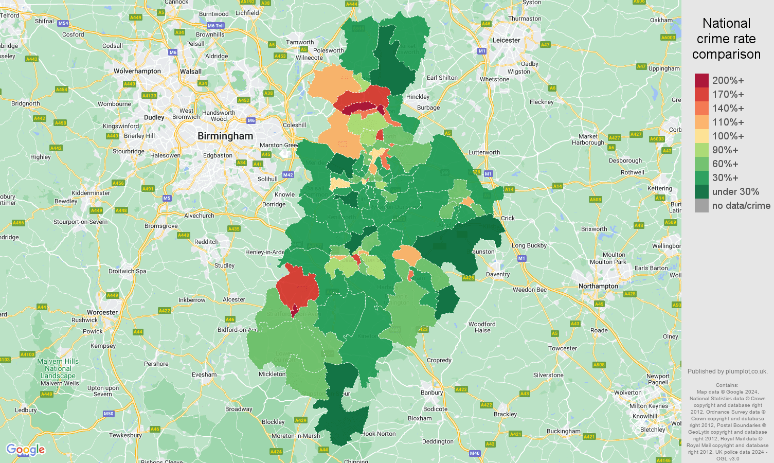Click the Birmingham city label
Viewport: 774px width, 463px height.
(x=225, y=136)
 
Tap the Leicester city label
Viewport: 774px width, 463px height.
(x=507, y=40)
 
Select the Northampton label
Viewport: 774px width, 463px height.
(x=598, y=286)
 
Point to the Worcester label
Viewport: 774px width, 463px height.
(x=102, y=312)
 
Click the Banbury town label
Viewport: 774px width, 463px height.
(x=431, y=393)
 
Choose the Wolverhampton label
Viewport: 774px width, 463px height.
(x=137, y=71)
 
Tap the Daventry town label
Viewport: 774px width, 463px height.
(x=497, y=274)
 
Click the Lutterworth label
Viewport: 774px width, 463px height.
(x=484, y=152)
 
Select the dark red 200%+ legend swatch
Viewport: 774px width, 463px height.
(x=701, y=81)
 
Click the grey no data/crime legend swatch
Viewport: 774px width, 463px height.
(x=701, y=206)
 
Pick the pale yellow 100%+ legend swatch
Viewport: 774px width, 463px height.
(x=701, y=136)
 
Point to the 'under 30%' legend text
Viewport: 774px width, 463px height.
(x=735, y=192)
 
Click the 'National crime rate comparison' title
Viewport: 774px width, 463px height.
(x=726, y=39)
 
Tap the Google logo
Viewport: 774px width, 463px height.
(x=25, y=450)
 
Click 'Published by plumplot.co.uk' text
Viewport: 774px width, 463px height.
(x=727, y=371)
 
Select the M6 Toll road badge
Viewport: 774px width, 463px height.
(x=215, y=26)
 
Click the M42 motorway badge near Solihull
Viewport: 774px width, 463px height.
(x=287, y=175)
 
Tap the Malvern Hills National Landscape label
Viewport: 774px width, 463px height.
(x=58, y=368)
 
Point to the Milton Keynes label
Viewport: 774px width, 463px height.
(x=649, y=406)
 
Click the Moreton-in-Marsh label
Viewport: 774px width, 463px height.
(x=296, y=436)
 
